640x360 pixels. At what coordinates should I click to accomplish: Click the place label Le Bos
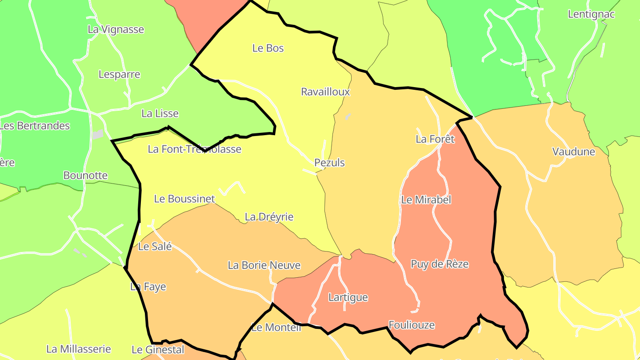coord(268,48)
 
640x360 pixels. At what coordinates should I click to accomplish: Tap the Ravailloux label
coord(325,92)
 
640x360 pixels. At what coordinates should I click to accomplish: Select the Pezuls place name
coord(329,163)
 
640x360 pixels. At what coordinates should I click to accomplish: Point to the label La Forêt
coord(435,139)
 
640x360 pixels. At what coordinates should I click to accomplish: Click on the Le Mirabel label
coord(426,200)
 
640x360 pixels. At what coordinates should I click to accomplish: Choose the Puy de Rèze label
coord(439,264)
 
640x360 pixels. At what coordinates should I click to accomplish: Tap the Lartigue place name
coord(348,297)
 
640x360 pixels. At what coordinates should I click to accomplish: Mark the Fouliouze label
coord(411,325)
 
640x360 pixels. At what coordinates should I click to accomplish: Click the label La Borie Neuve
coord(264,265)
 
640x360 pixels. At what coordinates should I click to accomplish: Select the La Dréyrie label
coord(269,217)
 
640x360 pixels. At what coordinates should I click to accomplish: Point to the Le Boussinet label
coord(184,199)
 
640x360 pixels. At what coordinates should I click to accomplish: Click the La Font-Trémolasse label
coord(194,149)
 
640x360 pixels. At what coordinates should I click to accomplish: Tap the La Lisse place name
coord(160,113)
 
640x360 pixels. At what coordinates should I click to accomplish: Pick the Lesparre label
coord(119,74)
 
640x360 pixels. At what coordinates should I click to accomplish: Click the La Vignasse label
coord(116,29)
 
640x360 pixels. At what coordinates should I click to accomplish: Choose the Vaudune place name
coord(573,152)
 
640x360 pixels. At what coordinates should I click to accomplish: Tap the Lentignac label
coord(591,14)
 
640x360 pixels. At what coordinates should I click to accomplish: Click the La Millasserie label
coord(78,349)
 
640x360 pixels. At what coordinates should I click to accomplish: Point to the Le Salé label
coord(155,246)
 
